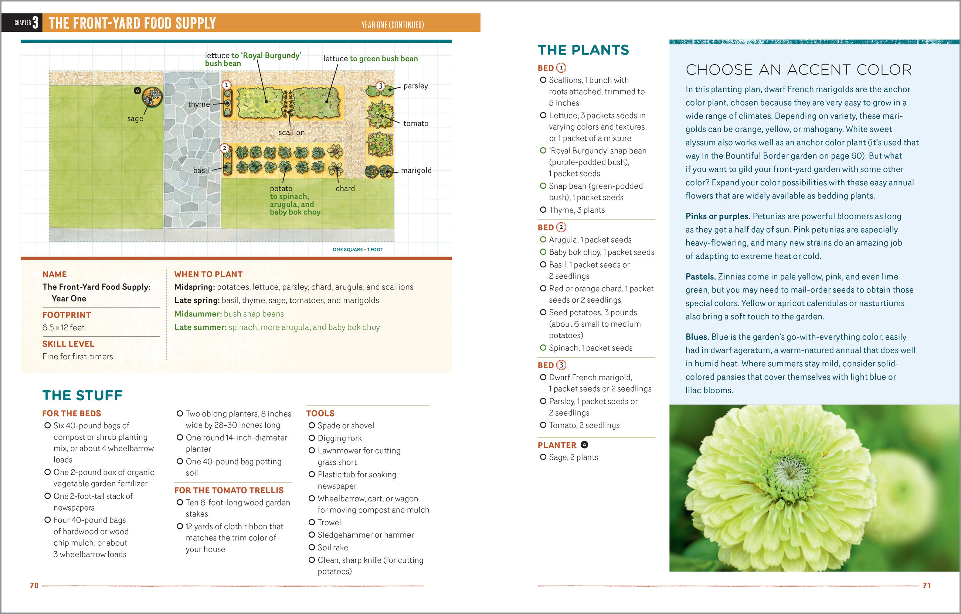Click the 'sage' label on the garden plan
(x=135, y=119)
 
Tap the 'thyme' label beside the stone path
(x=199, y=104)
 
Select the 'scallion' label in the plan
(x=291, y=133)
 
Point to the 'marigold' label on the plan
(x=416, y=171)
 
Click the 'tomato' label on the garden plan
(x=416, y=124)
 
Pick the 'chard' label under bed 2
(x=345, y=189)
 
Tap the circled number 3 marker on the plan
(x=380, y=86)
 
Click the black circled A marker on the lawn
(x=137, y=90)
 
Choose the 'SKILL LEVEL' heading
(x=68, y=344)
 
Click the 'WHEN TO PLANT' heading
(x=208, y=274)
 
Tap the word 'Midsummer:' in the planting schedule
(x=198, y=314)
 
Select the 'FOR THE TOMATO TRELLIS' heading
(x=229, y=490)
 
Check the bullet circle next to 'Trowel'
(x=312, y=522)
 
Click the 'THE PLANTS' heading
(x=583, y=50)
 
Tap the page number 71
(x=927, y=585)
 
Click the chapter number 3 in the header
(x=35, y=23)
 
